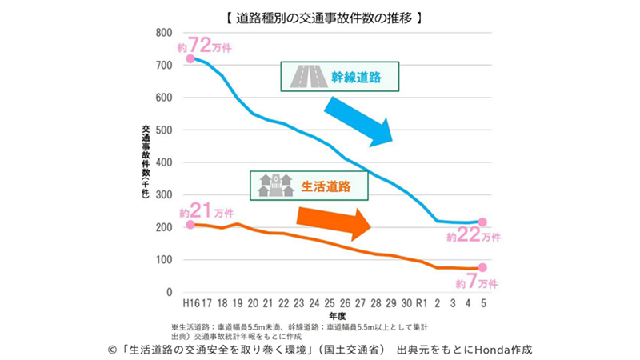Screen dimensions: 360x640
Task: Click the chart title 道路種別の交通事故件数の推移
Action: [x=319, y=17]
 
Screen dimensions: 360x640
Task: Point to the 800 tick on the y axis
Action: [x=163, y=33]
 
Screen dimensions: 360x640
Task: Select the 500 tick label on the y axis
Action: [x=163, y=130]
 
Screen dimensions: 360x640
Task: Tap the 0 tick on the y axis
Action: [x=169, y=293]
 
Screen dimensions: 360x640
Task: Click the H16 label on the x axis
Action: [x=190, y=304]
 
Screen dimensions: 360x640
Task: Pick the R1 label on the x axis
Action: [x=422, y=304]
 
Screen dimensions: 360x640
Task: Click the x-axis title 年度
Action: [x=336, y=316]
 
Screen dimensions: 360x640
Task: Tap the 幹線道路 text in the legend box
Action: [x=355, y=77]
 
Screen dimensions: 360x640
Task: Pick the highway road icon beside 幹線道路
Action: [x=305, y=77]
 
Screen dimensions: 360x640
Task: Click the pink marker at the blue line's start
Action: [x=190, y=58]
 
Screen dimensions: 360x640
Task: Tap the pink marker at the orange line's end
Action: [x=482, y=268]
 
